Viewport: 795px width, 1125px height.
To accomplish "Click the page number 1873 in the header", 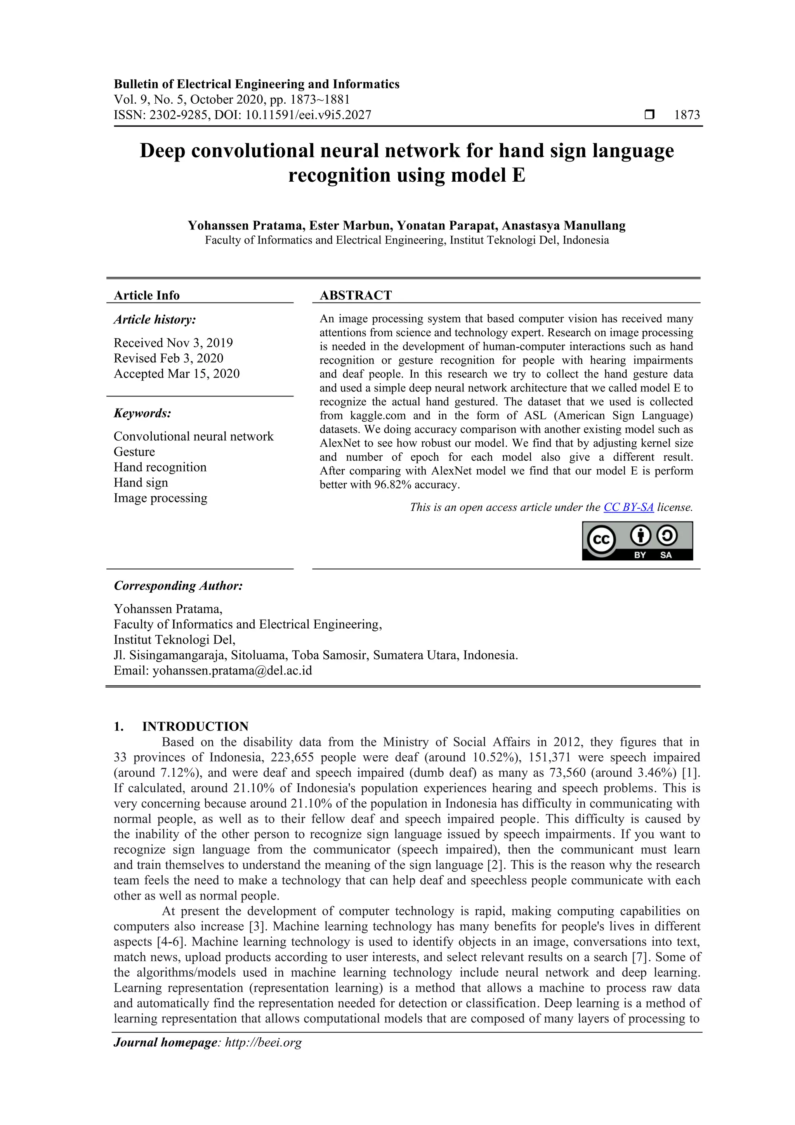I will pos(687,115).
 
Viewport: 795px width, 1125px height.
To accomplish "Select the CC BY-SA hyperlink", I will pos(628,507).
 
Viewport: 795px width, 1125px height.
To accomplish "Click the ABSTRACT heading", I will pos(356,295).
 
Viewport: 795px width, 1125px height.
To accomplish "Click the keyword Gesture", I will pos(134,451).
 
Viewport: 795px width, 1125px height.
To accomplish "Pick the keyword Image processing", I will pos(160,498).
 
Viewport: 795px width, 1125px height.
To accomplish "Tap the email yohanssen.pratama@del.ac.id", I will pos(232,670).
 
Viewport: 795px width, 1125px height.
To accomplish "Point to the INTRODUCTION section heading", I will pos(195,726).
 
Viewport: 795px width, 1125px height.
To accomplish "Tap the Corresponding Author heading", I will pos(178,586).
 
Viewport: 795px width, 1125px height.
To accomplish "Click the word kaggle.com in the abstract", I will pos(378,416).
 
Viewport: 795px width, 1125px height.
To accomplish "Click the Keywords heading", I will pos(142,413).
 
